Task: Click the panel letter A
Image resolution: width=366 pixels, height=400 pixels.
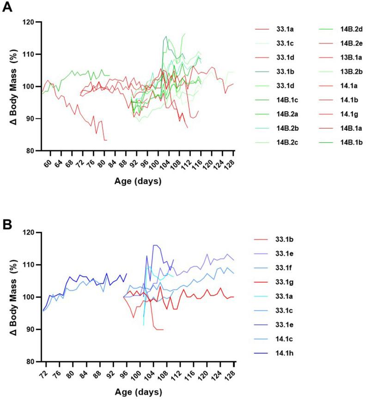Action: pos(7,7)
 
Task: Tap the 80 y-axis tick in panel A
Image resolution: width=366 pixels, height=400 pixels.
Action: pos(32,151)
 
